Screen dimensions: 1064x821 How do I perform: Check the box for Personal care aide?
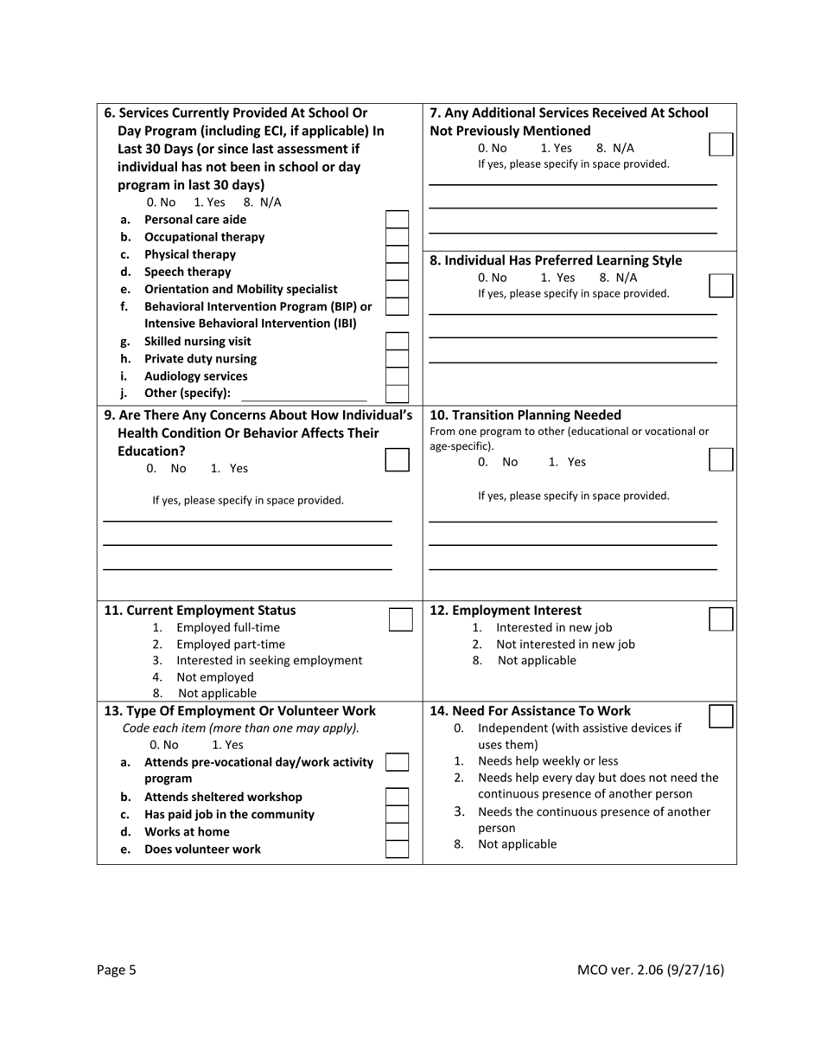click(x=397, y=220)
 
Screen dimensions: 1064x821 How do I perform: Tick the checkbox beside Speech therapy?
click(x=397, y=272)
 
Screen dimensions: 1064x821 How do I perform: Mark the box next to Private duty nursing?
click(x=397, y=359)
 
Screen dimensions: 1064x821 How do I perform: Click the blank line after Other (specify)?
click(x=303, y=394)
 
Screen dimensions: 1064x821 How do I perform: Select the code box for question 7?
click(x=721, y=144)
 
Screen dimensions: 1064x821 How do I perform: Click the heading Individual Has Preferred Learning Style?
click(x=556, y=260)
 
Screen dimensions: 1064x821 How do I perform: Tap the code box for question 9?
click(x=397, y=459)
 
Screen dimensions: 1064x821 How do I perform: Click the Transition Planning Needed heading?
click(x=525, y=414)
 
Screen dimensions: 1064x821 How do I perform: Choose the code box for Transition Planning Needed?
click(x=721, y=459)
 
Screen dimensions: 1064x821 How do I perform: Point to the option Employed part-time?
click(x=230, y=644)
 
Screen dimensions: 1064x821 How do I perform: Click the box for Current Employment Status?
click(x=400, y=619)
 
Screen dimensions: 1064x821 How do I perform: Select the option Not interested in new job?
click(x=564, y=644)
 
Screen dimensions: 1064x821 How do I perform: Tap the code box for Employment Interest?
click(x=721, y=619)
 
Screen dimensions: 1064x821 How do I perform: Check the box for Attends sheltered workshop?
click(x=397, y=797)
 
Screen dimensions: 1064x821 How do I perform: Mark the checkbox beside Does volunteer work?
click(x=397, y=849)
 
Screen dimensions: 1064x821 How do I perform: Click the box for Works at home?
click(x=397, y=832)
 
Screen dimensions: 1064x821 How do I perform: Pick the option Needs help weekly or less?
click(x=547, y=761)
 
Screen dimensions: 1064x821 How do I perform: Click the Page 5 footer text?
click(x=117, y=970)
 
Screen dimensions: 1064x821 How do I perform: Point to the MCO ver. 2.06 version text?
click(x=650, y=970)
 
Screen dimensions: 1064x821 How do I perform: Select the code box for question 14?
click(x=721, y=716)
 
